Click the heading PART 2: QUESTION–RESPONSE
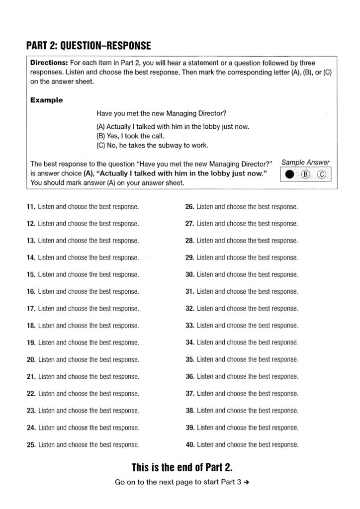[88, 46]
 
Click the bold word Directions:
[49, 64]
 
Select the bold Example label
[46, 100]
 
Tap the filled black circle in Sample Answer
[289, 174]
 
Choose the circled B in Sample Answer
[306, 174]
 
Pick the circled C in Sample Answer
[322, 174]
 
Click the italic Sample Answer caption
[306, 162]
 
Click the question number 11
[30, 207]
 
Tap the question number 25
[31, 444]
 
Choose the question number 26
[189, 207]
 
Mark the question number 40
[189, 444]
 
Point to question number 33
[189, 326]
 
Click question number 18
[31, 326]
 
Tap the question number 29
[189, 257]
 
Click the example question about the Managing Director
[162, 113]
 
